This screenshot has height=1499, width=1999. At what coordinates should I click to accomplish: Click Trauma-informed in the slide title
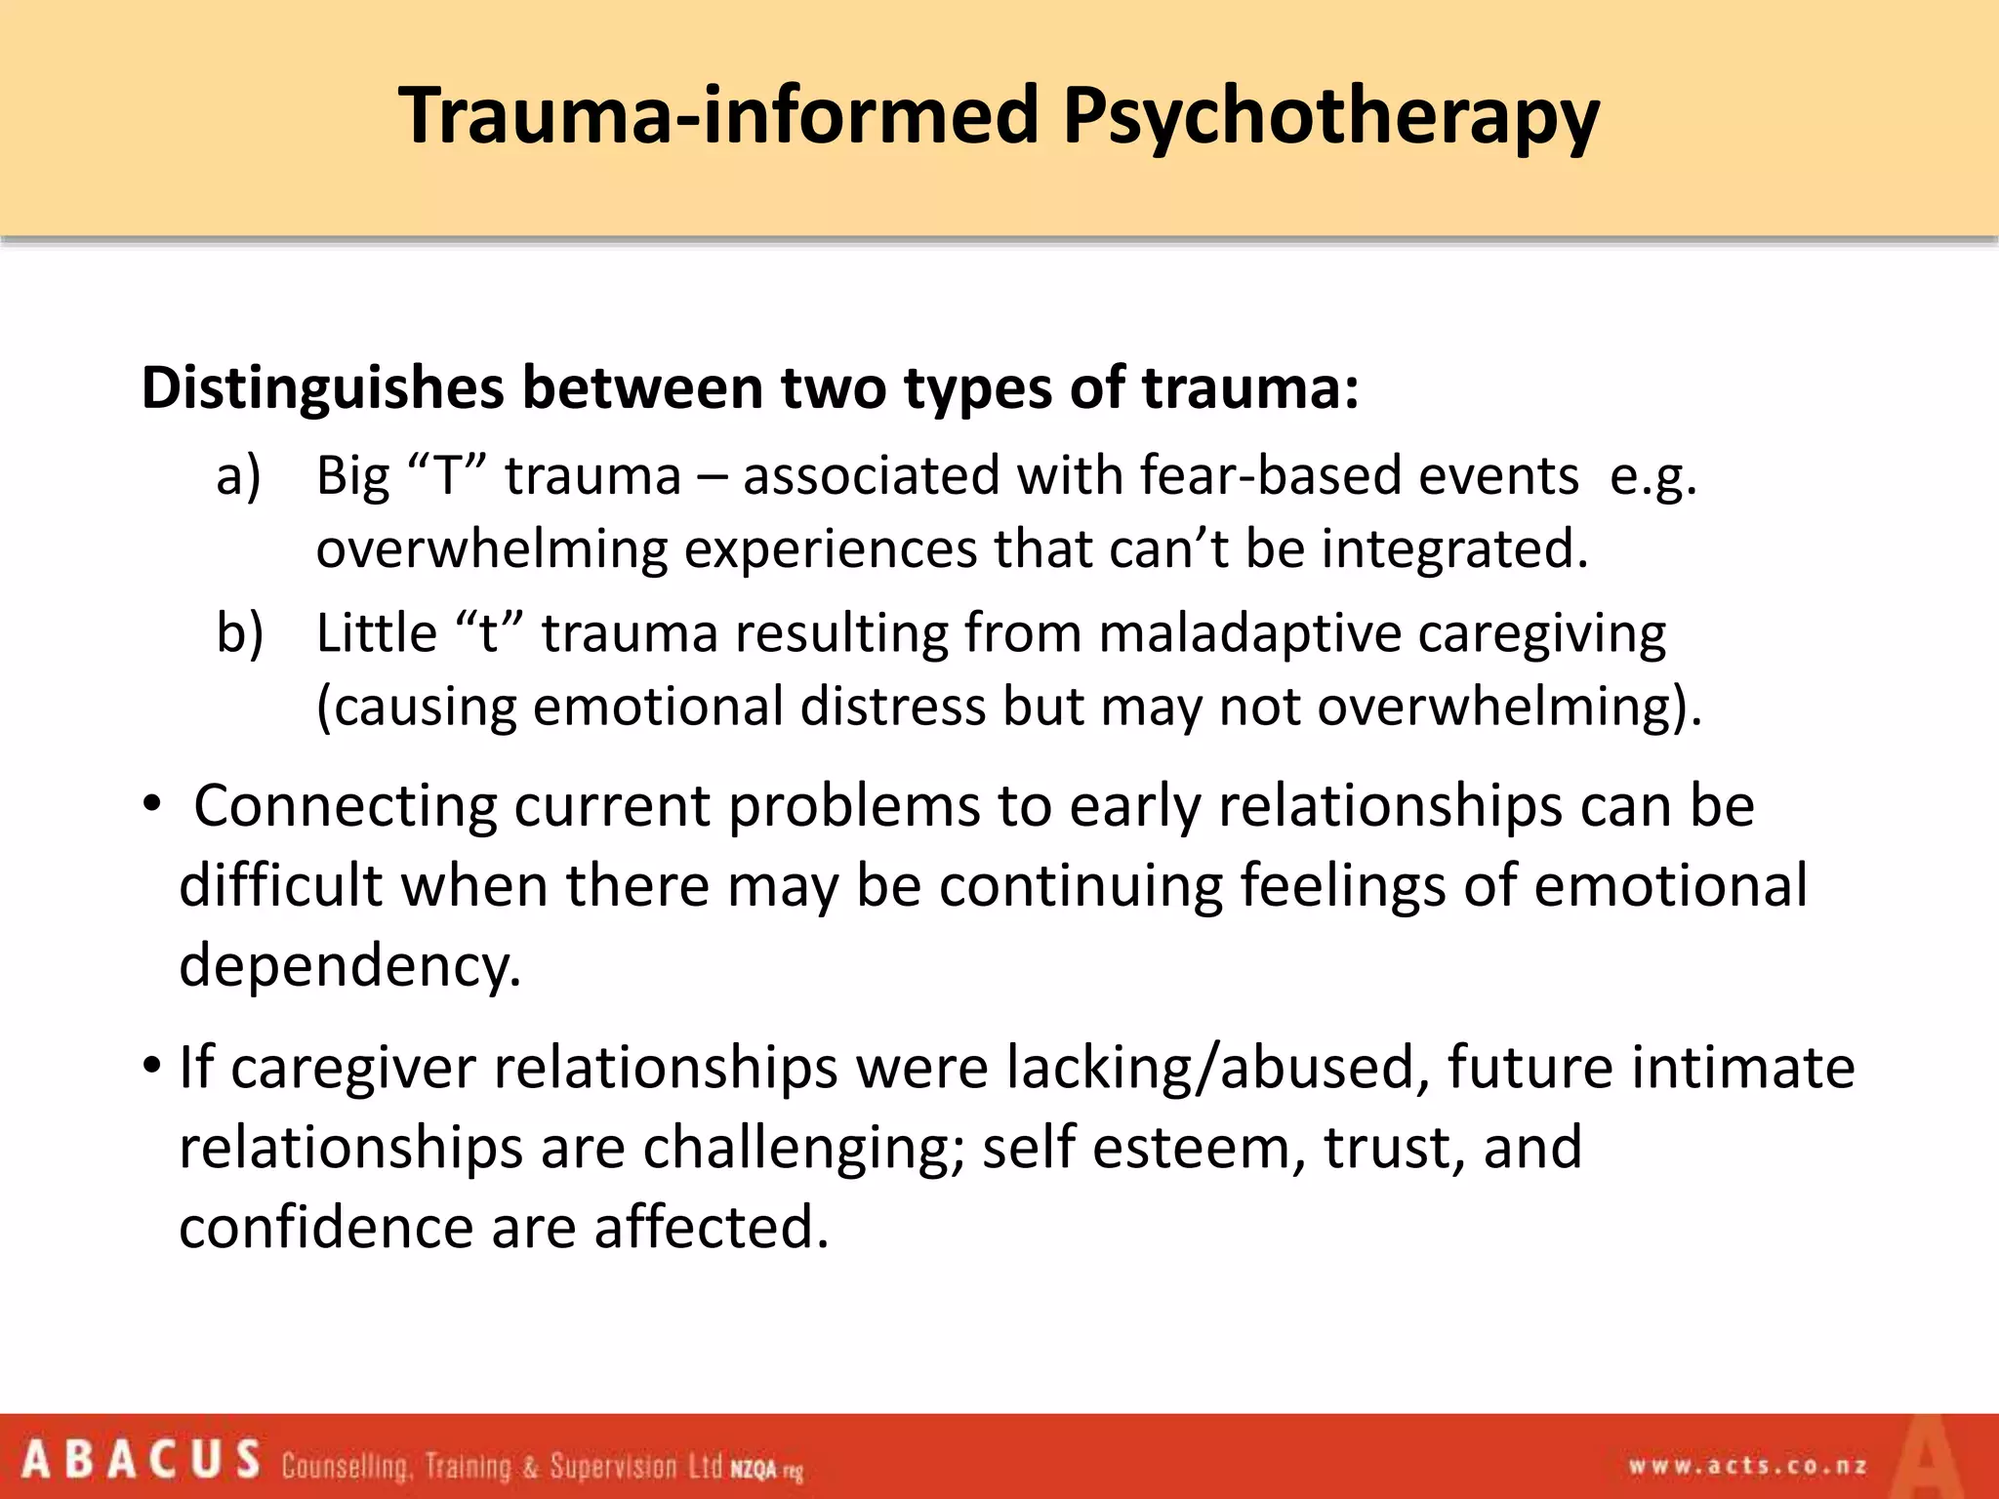(720, 115)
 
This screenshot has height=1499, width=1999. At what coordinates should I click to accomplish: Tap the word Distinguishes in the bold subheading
(323, 389)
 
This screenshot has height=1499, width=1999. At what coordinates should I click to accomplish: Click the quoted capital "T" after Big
(445, 477)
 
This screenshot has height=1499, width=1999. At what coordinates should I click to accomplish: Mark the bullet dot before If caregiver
(151, 1066)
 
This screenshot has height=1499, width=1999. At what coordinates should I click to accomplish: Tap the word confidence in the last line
(326, 1228)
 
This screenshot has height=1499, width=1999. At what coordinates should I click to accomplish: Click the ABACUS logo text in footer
(142, 1461)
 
